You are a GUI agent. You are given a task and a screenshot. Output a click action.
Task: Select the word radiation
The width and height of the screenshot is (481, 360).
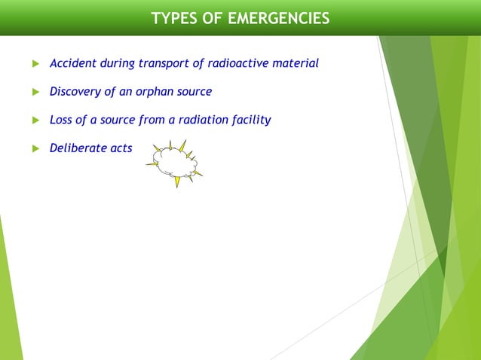point(197,120)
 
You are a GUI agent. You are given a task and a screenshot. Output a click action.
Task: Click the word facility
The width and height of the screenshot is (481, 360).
point(249,120)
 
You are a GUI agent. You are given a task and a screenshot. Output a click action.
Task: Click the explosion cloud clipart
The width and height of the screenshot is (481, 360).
point(175,161)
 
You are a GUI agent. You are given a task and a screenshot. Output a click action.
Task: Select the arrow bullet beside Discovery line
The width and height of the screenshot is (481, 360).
point(34,92)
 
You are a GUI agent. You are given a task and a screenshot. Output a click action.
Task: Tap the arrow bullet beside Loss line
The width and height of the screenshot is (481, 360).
point(34,121)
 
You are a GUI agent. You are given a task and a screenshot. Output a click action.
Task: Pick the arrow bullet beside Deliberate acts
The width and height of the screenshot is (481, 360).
point(34,148)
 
